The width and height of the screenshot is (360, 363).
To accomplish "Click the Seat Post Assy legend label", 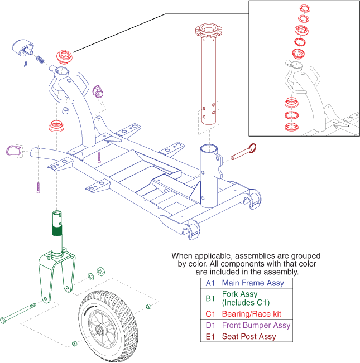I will [249, 337].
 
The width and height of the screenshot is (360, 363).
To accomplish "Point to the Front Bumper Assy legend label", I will [256, 325].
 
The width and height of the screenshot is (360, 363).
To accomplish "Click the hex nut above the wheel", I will [101, 271].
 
